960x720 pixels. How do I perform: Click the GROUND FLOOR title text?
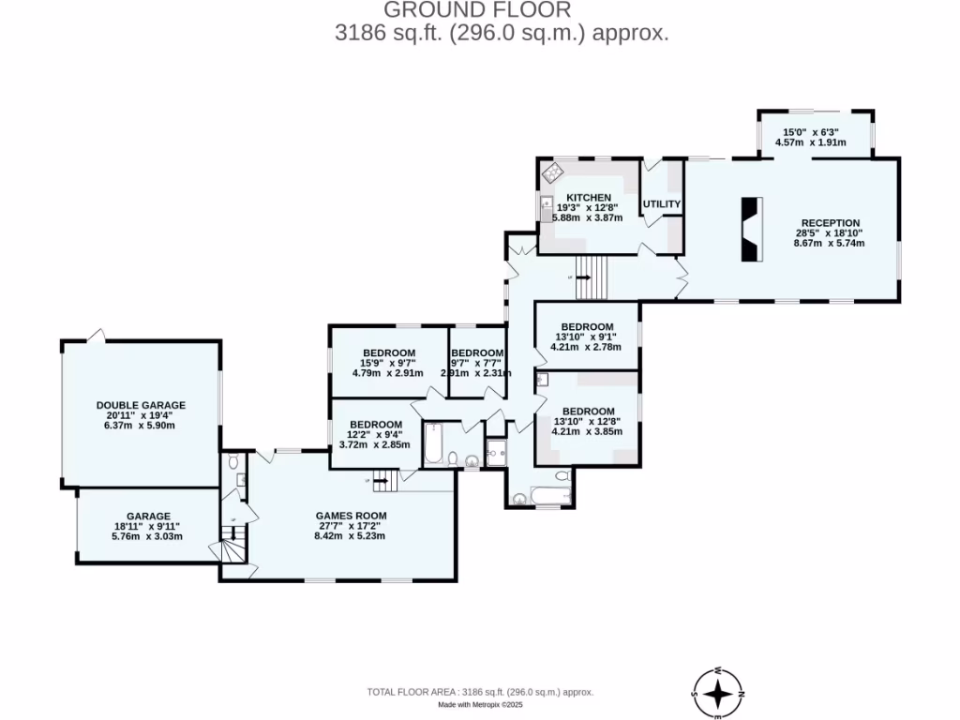coord(478,10)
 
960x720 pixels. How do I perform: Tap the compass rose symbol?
coord(718,694)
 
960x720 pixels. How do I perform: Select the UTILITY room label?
coord(662,204)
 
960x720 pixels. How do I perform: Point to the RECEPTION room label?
coord(830,223)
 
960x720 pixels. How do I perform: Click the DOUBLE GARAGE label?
coord(141,406)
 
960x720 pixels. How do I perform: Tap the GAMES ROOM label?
coord(351,516)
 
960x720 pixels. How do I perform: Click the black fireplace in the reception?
coord(752,229)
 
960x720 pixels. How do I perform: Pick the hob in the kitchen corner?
coord(552,172)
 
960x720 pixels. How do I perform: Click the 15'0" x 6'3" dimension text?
coord(811,132)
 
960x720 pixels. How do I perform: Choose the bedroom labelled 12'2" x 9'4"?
coord(375,425)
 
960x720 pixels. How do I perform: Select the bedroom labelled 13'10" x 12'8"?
coord(588,412)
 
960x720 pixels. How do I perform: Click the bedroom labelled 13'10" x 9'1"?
coord(587,327)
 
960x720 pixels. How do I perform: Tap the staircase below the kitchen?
coord(591,276)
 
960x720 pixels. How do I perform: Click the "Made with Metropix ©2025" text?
coord(479,705)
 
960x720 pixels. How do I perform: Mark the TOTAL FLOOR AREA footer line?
coord(479,692)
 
